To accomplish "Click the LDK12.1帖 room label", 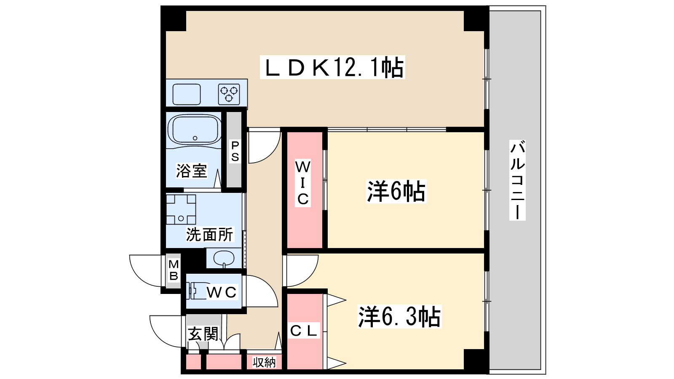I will click(332, 67).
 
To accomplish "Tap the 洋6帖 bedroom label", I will click(396, 191).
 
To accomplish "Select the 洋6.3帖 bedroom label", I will click(399, 317).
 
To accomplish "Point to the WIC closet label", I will click(303, 183).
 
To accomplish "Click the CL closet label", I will click(304, 331).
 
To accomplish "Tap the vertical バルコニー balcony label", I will click(518, 180).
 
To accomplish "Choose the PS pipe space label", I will click(235, 151).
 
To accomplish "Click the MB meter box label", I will click(173, 270).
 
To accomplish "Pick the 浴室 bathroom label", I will click(191, 171).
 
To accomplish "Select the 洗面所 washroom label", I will click(209, 235).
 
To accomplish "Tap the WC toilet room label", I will click(222, 292).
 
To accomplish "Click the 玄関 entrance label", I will click(203, 334).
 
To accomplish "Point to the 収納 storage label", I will click(264, 362).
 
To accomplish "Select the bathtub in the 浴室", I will click(194, 130).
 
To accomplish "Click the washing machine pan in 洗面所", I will click(181, 209).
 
